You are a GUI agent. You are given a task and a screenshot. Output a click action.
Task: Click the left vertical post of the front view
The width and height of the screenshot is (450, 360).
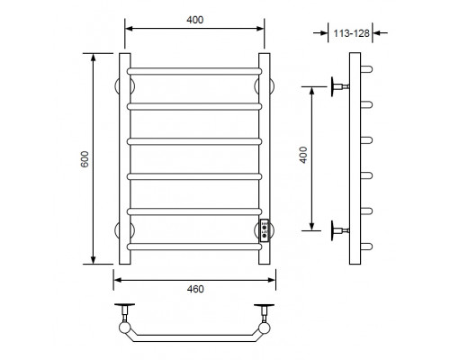125,159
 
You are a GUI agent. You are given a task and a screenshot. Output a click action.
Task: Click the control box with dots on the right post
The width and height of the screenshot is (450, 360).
265,230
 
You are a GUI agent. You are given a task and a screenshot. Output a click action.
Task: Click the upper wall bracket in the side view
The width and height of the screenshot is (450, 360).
337,86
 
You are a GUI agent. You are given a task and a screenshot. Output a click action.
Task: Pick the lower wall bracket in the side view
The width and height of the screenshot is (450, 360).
337,229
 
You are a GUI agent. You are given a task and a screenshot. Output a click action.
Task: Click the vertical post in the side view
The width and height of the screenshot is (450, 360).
354,159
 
